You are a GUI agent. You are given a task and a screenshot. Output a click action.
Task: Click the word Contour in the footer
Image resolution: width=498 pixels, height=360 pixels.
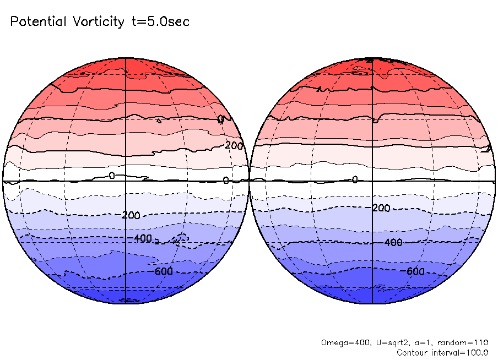pos(411,352)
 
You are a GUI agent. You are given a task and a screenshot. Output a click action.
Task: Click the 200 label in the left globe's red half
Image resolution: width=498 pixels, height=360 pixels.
pos(234,146)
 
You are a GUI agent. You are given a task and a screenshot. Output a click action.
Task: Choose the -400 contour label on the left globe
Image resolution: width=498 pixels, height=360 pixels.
pos(142,238)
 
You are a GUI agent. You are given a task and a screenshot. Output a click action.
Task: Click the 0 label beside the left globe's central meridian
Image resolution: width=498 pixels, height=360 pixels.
pos(112,176)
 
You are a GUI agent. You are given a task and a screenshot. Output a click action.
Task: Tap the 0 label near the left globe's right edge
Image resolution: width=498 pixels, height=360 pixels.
pos(226,181)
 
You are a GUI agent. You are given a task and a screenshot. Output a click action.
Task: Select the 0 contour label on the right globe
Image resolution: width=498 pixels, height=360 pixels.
pos(355,179)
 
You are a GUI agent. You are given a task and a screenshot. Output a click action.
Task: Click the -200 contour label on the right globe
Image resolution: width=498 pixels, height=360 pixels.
pos(380,208)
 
